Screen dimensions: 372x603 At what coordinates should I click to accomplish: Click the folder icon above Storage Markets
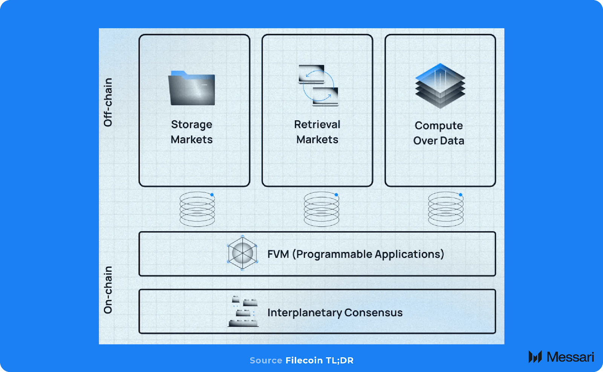click(x=191, y=88)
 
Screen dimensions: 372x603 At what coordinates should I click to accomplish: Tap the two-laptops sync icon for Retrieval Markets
click(x=318, y=86)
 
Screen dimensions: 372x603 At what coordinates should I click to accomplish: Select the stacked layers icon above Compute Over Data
click(x=440, y=86)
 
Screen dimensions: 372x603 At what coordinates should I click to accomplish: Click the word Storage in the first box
click(x=191, y=125)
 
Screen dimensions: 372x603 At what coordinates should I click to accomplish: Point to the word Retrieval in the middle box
click(x=317, y=125)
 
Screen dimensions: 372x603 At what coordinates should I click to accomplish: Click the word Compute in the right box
click(x=439, y=126)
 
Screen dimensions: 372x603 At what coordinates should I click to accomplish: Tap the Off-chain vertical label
click(x=108, y=102)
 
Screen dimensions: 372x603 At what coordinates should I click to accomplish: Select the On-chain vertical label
click(x=108, y=290)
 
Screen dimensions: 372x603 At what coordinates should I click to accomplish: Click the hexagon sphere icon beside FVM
click(x=242, y=253)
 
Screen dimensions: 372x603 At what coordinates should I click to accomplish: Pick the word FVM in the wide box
click(x=278, y=254)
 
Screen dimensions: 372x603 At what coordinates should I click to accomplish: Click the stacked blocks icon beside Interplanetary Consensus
click(x=243, y=312)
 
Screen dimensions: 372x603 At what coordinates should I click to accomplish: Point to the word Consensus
click(x=373, y=313)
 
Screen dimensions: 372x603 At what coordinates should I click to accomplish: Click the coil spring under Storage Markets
click(x=197, y=209)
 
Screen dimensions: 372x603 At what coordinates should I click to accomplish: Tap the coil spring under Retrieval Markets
click(x=321, y=209)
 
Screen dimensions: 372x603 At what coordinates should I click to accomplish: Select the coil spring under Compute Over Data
click(x=446, y=209)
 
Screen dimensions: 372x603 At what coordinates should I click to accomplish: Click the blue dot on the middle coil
click(x=336, y=195)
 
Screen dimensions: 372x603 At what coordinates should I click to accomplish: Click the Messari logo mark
click(x=535, y=357)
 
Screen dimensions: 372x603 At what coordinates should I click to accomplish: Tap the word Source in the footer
click(x=266, y=360)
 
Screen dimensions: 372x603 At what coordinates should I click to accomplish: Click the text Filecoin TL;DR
click(x=319, y=360)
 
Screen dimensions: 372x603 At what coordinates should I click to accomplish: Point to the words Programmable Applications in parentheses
click(x=370, y=254)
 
